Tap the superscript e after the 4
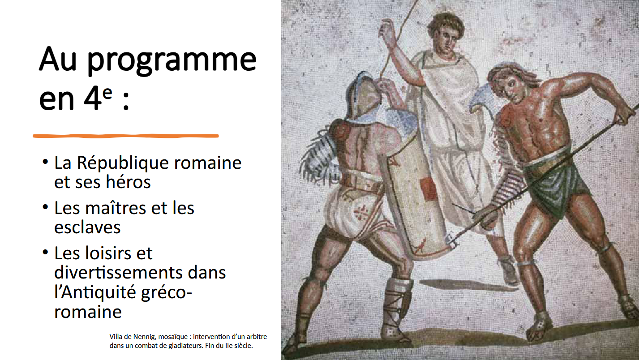107,93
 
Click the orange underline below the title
126,136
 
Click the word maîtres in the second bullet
116,208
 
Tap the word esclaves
87,227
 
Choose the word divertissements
119,272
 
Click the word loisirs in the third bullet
109,253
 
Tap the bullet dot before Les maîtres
45,207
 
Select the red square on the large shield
429,189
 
